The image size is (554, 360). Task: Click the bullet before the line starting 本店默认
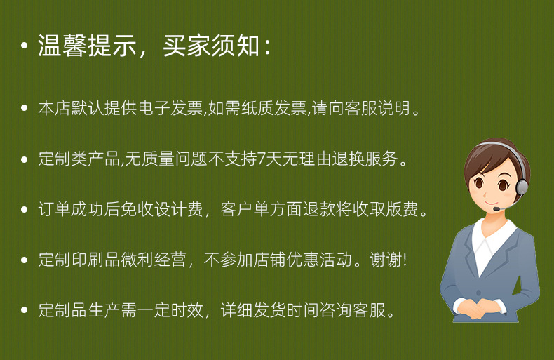(25, 109)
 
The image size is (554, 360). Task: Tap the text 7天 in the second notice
(267, 159)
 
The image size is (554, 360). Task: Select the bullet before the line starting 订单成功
(25, 210)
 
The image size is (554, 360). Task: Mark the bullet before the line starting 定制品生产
(25, 310)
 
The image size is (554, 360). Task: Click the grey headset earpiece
(522, 187)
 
